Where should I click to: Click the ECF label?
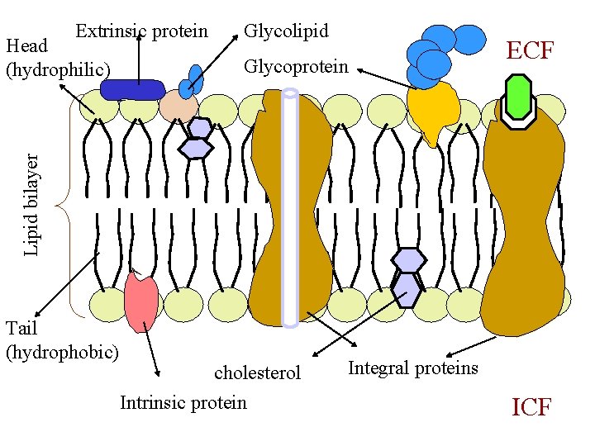pos(530,50)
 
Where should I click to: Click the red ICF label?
pos(531,407)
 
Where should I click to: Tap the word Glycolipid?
pos(286,31)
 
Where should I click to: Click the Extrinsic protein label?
pos(141,31)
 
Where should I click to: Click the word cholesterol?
pos(257,372)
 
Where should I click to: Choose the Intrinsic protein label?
pos(183,402)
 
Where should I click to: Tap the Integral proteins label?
pos(413,368)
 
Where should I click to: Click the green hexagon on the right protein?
pos(518,97)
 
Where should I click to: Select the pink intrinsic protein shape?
pos(141,301)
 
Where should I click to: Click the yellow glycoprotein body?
pos(433,111)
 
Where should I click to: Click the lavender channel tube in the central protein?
pos(289,206)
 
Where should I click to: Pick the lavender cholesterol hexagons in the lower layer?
pos(407,276)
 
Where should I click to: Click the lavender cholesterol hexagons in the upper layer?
pos(198,138)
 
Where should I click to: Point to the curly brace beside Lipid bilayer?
pos(66,206)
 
